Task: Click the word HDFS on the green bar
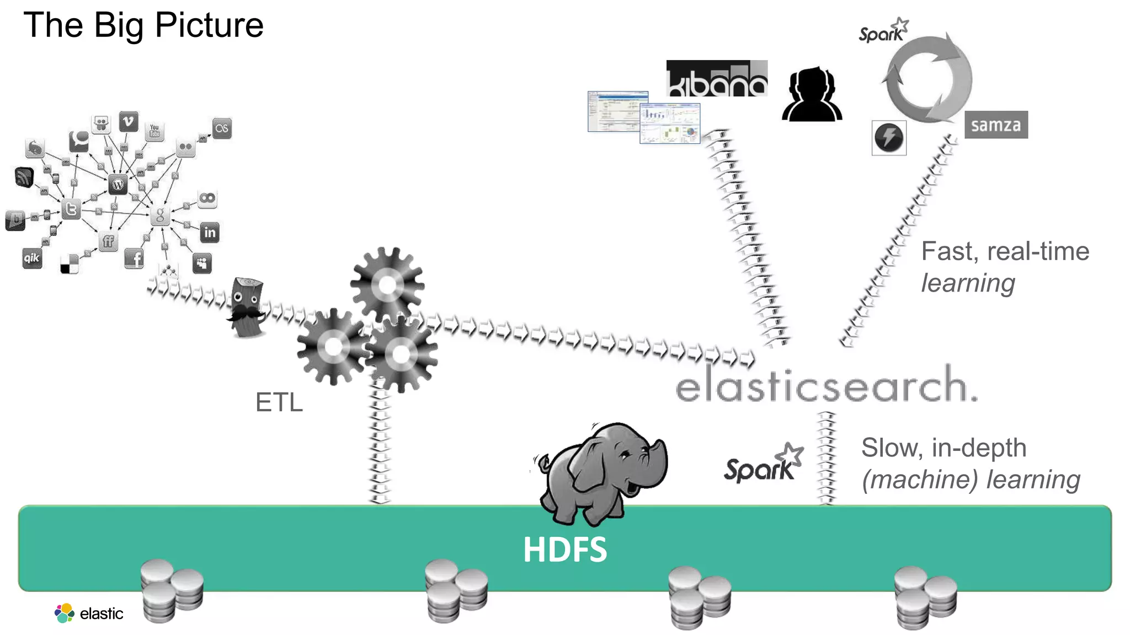(564, 550)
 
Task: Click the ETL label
(279, 402)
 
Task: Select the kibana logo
(716, 78)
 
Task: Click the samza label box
(996, 125)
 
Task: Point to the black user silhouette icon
(812, 95)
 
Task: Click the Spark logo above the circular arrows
(883, 31)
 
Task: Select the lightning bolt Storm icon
(888, 138)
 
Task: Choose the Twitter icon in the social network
(71, 209)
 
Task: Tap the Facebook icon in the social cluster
(134, 258)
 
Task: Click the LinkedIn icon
(210, 232)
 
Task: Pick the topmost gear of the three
(387, 285)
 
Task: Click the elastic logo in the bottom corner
(89, 613)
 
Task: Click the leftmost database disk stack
(172, 590)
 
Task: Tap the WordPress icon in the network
(118, 184)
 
